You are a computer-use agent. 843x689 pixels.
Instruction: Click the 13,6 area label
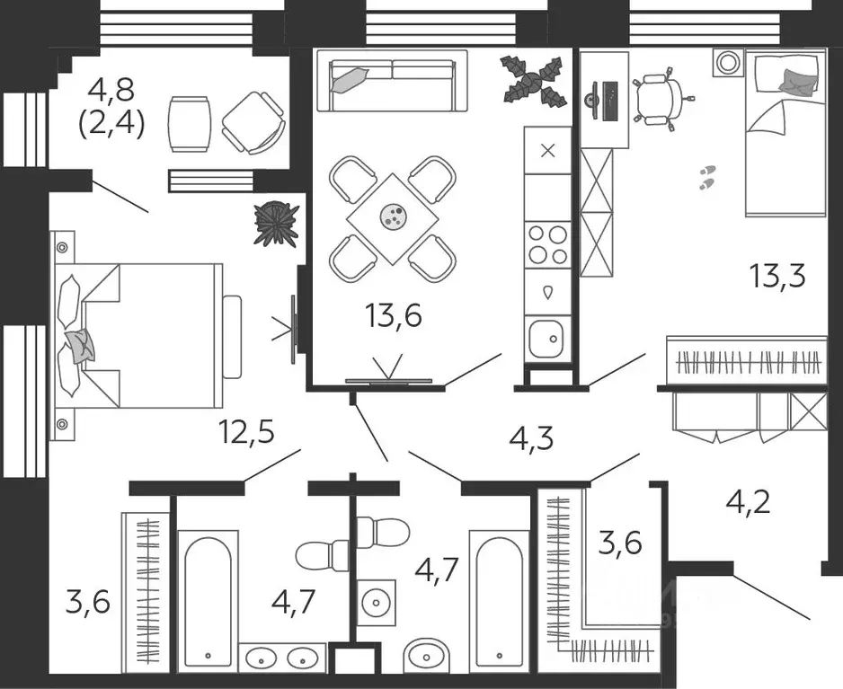[393, 315]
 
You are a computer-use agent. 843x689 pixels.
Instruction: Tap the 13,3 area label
[778, 277]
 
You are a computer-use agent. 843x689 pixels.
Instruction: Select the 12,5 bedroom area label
[247, 431]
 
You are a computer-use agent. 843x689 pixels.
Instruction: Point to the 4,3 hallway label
[531, 438]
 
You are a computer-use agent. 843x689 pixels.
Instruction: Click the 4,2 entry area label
[748, 502]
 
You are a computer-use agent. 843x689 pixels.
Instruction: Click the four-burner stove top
[548, 245]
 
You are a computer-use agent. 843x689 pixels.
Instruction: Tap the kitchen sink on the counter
[547, 338]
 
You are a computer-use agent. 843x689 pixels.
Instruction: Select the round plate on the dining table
[393, 216]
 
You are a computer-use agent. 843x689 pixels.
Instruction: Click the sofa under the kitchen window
[392, 81]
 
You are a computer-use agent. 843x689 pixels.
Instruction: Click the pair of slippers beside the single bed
[707, 177]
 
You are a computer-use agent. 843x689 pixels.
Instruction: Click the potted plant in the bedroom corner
[277, 224]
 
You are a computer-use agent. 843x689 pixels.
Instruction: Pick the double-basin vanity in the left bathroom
[282, 658]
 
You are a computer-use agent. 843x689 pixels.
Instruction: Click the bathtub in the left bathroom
[209, 601]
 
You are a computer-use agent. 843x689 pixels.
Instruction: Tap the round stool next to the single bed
[729, 62]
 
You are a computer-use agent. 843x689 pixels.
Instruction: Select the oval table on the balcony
[188, 124]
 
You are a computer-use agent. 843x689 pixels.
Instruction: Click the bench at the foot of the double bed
[232, 337]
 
